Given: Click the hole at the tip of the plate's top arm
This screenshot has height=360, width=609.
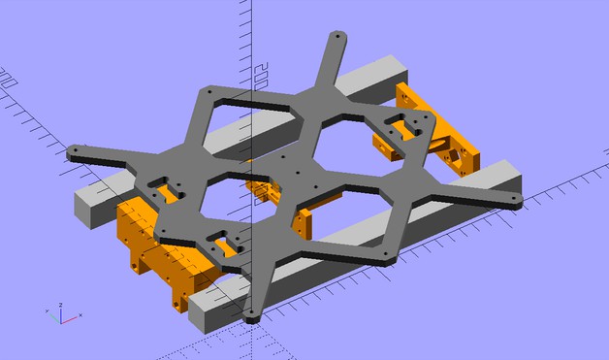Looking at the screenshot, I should [337, 37].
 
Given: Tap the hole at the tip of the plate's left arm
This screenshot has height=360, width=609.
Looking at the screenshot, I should [73, 152].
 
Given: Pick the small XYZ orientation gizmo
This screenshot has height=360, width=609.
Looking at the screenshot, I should [60, 314].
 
